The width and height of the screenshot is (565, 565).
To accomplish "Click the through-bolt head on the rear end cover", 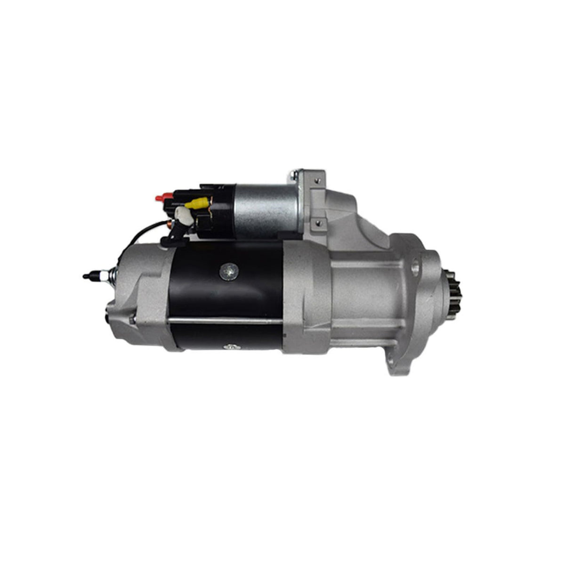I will pos(133,321).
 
